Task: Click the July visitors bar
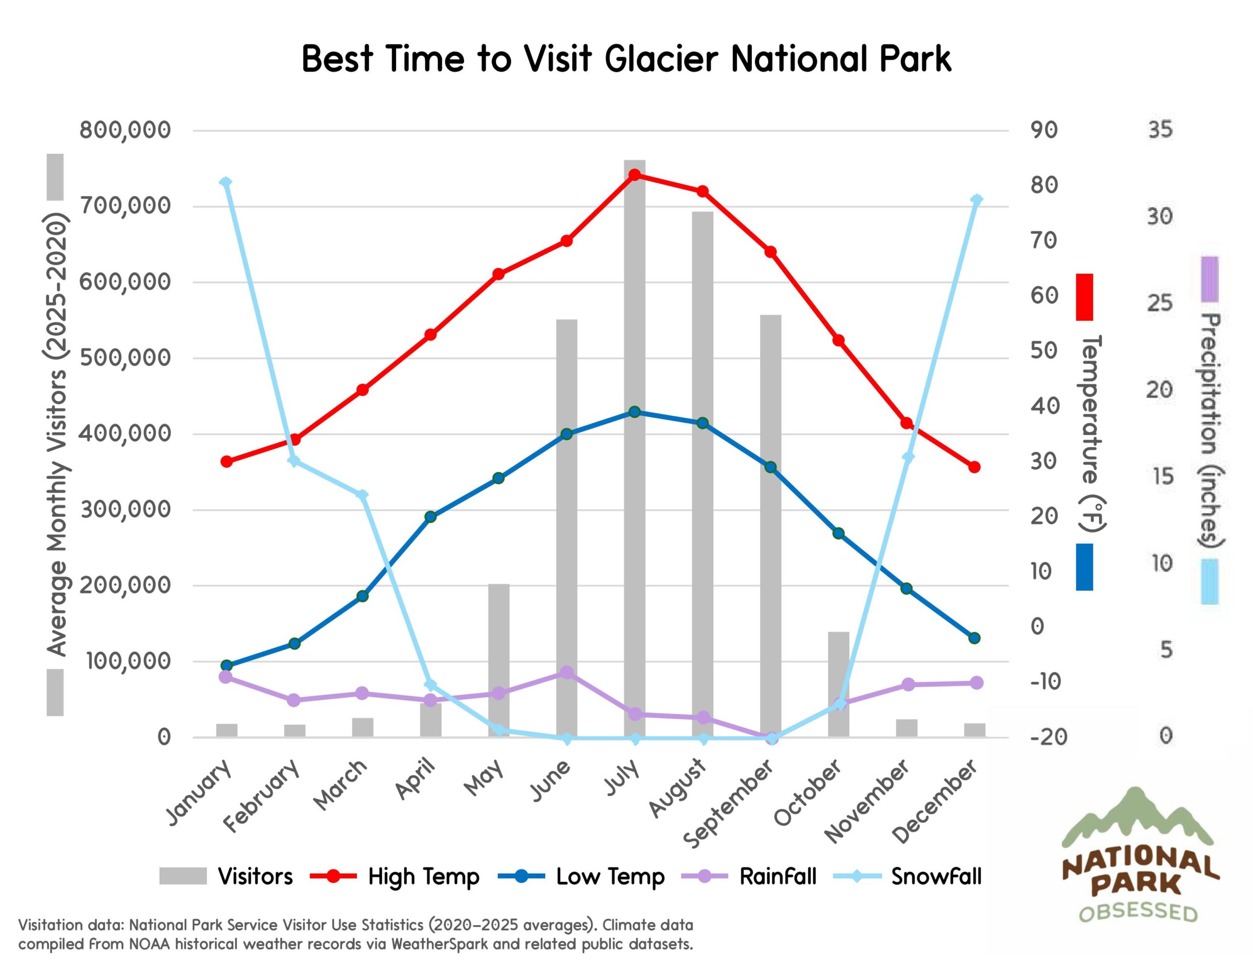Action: tap(634, 448)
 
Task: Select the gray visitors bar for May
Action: tap(499, 660)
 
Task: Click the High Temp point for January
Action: tap(227, 461)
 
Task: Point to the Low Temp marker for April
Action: tap(431, 516)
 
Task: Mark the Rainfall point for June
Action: tap(567, 672)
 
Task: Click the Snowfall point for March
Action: tap(363, 495)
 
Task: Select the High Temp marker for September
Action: tap(770, 252)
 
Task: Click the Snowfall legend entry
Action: tap(936, 876)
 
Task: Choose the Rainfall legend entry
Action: tap(777, 876)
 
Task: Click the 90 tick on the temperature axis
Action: tap(1044, 130)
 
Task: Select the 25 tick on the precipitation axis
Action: tap(1160, 303)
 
